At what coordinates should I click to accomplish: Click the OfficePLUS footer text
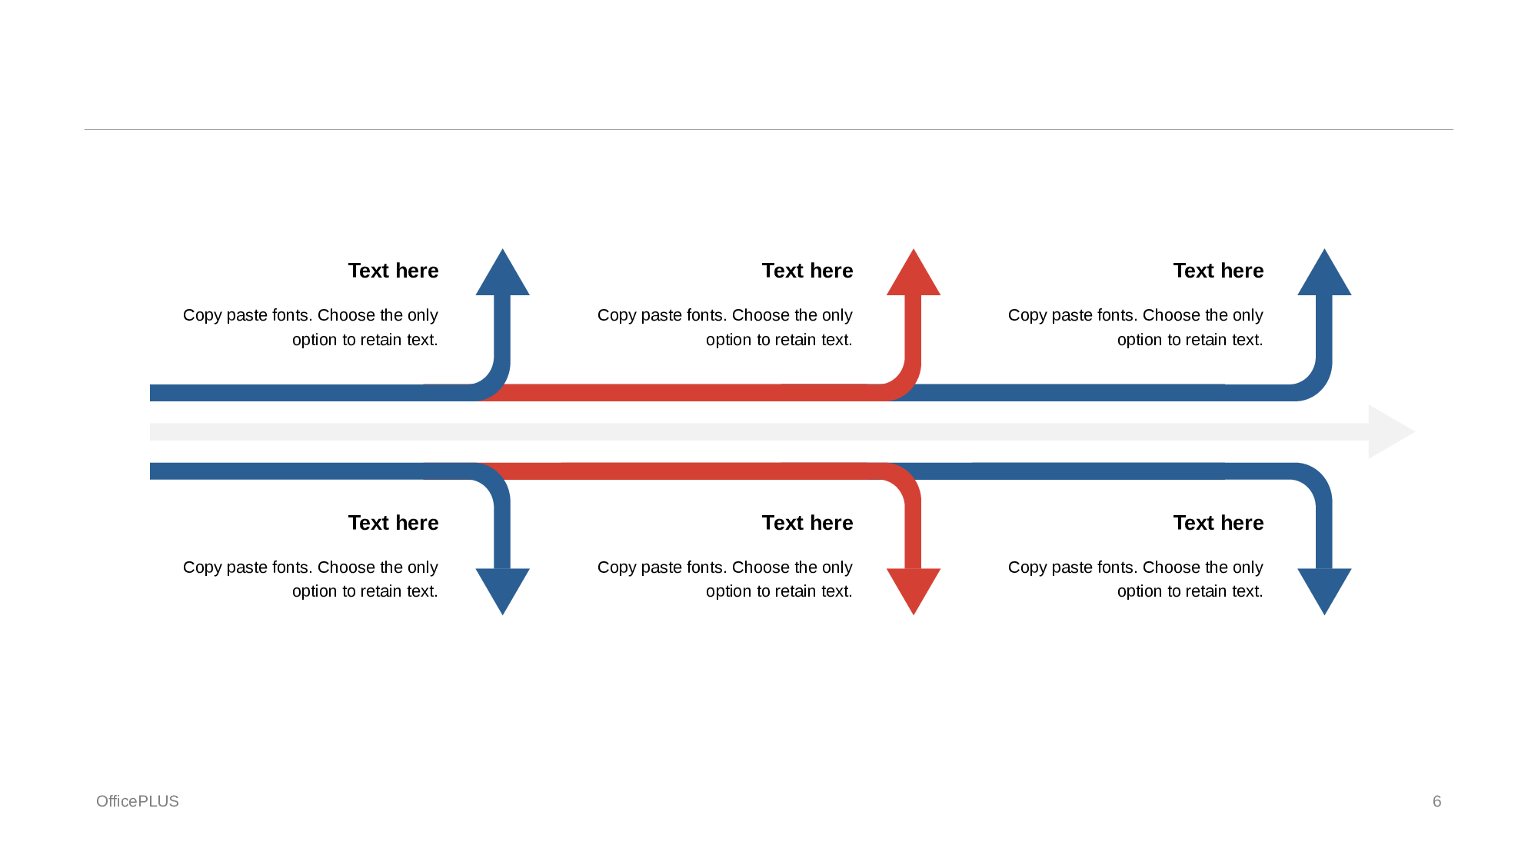138,801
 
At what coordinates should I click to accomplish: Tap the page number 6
1436,801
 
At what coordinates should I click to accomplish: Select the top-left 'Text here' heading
393,271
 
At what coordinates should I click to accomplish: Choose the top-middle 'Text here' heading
807,271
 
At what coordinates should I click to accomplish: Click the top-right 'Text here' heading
1218,271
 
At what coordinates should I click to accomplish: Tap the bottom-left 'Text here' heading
393,523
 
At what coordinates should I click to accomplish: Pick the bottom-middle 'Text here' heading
807,523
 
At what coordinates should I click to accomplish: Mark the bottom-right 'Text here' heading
1218,523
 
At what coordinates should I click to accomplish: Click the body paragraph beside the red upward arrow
725,327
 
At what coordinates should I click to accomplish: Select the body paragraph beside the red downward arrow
725,579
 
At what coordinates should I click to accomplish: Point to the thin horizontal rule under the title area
769,129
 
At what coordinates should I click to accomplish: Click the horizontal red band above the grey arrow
684,393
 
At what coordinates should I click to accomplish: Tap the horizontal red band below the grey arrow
684,471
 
